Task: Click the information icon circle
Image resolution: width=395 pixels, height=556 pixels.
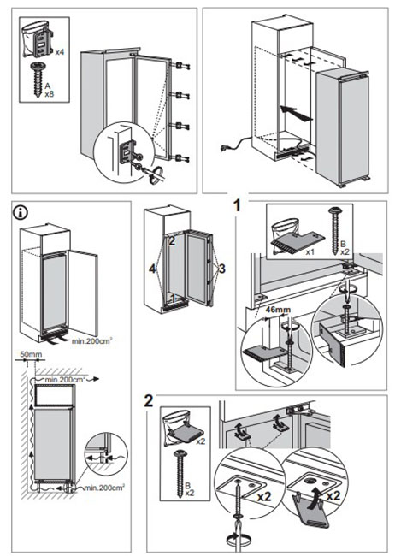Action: [21, 212]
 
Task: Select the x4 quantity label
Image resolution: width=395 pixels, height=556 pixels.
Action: [60, 52]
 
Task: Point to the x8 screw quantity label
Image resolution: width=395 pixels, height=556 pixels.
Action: [49, 95]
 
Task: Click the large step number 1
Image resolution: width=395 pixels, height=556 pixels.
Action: [237, 205]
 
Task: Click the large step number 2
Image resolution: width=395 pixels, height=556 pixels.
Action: [149, 400]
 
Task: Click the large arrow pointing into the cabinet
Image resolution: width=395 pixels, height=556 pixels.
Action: [296, 114]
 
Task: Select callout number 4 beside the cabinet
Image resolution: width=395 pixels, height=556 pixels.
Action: [152, 269]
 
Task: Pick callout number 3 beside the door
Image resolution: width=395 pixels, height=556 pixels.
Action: [222, 269]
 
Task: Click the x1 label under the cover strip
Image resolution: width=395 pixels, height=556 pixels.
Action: [310, 253]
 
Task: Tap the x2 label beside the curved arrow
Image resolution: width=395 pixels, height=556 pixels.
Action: [333, 495]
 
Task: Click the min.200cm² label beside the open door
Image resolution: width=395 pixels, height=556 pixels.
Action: [92, 341]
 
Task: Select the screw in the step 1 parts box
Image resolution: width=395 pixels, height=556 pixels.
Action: [334, 231]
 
